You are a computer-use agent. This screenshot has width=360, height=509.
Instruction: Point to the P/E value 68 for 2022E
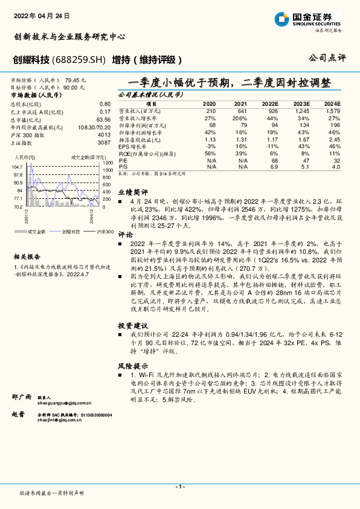pos(274,160)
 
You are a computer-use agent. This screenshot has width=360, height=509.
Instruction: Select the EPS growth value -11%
pos(272,146)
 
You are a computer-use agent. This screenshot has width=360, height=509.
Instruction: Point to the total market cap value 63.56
pos(103,120)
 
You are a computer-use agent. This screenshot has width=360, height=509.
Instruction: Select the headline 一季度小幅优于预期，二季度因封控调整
pos(230,82)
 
